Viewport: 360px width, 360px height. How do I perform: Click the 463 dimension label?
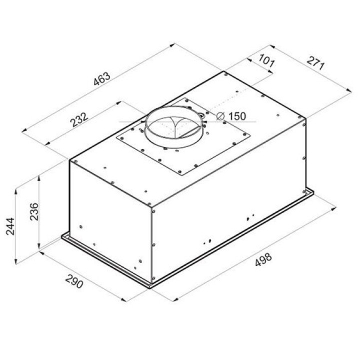(x=102, y=79)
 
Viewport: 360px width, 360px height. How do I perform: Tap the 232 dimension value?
(x=79, y=119)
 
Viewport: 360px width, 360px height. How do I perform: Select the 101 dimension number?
(x=266, y=60)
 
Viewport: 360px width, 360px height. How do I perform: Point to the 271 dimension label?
(x=315, y=63)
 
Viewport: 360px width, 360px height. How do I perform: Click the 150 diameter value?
(x=237, y=116)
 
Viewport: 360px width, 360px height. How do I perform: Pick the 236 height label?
(x=34, y=211)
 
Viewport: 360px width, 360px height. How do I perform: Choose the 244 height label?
(x=10, y=226)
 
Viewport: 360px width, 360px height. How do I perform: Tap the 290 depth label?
(x=74, y=281)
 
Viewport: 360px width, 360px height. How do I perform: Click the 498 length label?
(x=263, y=259)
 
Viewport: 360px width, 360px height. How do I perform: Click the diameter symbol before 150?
(x=220, y=116)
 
